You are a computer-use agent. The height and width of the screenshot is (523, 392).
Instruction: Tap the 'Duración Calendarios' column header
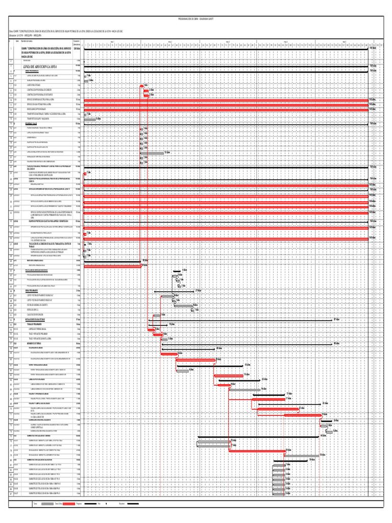point(77,42)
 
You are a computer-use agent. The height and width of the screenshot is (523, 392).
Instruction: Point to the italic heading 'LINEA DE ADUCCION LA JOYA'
point(40,66)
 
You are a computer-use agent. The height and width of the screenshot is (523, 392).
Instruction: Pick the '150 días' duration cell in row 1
point(77,49)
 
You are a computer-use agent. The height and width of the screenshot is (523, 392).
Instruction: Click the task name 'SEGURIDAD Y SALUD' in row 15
point(32,123)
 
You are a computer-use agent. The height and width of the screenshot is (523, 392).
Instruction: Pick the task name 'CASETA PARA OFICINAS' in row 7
point(34,85)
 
